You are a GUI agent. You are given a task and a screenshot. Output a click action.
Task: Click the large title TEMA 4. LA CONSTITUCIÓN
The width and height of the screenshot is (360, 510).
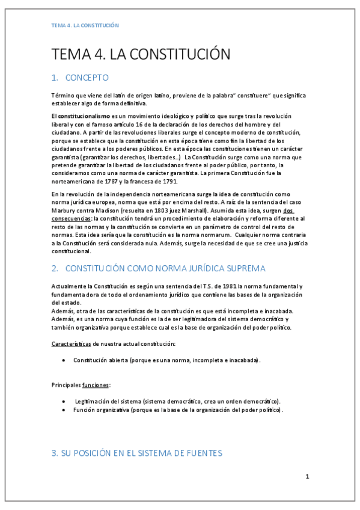(141, 54)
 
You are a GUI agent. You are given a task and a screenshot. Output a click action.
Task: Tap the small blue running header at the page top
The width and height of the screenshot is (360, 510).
(85, 25)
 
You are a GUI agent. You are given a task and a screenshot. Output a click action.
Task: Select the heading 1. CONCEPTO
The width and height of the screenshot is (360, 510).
(80, 78)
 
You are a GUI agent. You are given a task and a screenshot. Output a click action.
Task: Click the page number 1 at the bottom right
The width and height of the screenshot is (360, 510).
(307, 477)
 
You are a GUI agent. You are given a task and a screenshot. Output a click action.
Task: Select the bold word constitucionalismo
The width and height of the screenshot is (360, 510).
(84, 115)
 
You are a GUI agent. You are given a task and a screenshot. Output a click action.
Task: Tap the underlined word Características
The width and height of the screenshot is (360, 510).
(70, 343)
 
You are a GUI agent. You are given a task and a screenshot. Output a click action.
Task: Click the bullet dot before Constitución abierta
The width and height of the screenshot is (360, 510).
(64, 360)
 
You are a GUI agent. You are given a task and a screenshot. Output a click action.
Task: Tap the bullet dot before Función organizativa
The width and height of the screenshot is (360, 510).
(64, 410)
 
